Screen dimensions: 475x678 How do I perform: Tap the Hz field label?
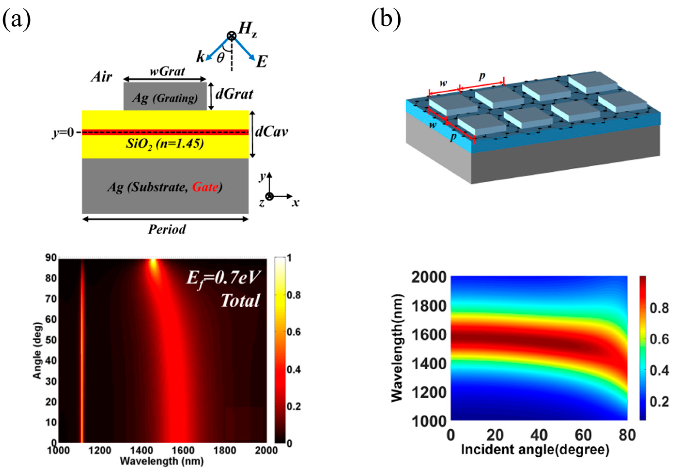click(247, 30)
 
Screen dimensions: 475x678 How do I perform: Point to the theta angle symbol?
click(220, 58)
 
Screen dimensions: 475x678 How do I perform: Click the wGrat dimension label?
click(167, 71)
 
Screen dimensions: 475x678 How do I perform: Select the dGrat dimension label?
click(234, 94)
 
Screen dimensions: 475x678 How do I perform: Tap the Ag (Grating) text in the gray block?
click(165, 98)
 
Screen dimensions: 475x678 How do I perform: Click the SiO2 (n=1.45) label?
click(165, 144)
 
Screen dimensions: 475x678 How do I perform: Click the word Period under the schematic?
click(167, 229)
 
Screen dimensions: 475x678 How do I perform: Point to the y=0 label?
click(63, 133)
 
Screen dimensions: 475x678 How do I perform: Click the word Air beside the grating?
click(101, 77)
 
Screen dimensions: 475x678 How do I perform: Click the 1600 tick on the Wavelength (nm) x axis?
click(183, 451)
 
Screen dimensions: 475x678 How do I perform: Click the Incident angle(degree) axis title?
click(535, 450)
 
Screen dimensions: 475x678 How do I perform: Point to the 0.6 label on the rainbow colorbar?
click(659, 339)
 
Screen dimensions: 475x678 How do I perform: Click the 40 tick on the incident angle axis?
click(539, 435)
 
